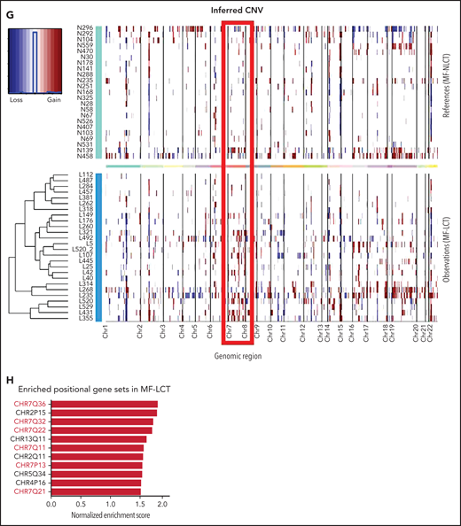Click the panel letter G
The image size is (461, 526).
(8, 9)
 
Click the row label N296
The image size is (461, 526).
(86, 27)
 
